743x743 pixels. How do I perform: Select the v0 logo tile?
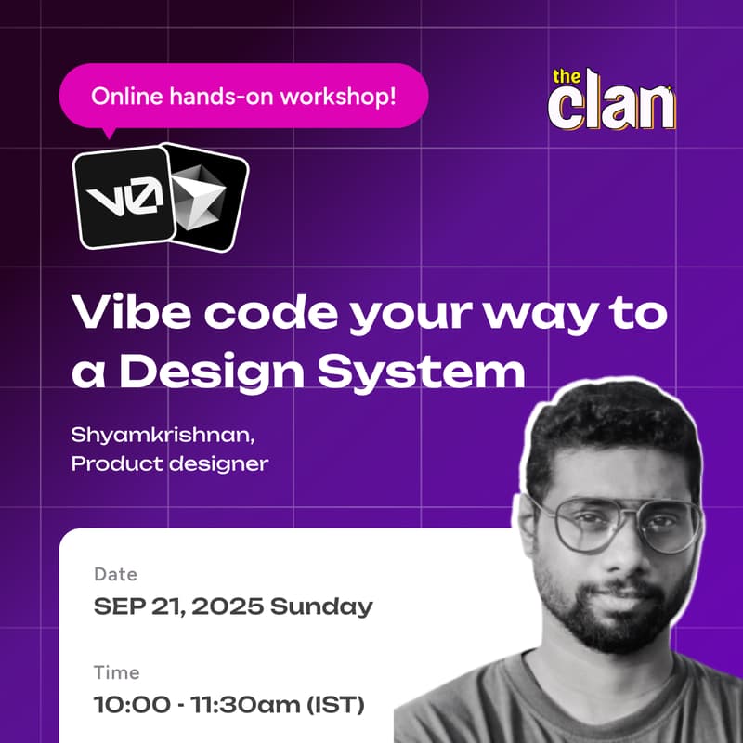click(124, 198)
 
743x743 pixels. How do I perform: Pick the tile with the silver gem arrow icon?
click(207, 197)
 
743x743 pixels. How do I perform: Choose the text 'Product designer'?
click(170, 462)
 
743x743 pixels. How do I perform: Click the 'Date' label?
click(115, 575)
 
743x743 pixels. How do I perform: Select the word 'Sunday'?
click(320, 607)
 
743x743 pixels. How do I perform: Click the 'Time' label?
click(116, 671)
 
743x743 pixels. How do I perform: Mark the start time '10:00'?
click(126, 704)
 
